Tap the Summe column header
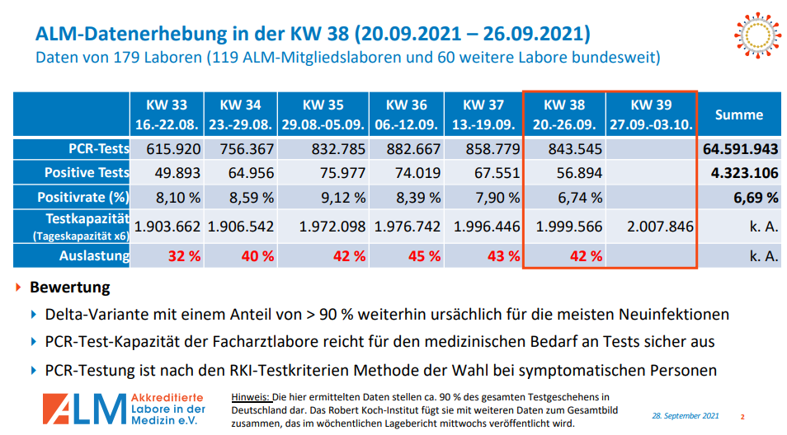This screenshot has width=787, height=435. [x=738, y=115]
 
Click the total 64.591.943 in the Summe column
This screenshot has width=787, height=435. [x=741, y=150]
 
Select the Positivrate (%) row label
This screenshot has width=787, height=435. [x=83, y=198]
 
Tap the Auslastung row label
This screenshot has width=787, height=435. [x=94, y=255]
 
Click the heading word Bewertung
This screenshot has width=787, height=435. [x=69, y=288]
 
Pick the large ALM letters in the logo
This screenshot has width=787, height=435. [x=82, y=409]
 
